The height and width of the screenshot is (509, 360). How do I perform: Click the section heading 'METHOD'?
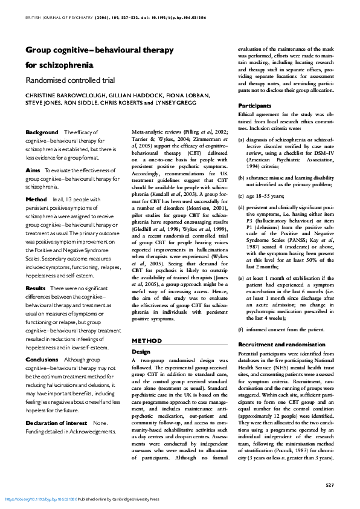146,340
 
